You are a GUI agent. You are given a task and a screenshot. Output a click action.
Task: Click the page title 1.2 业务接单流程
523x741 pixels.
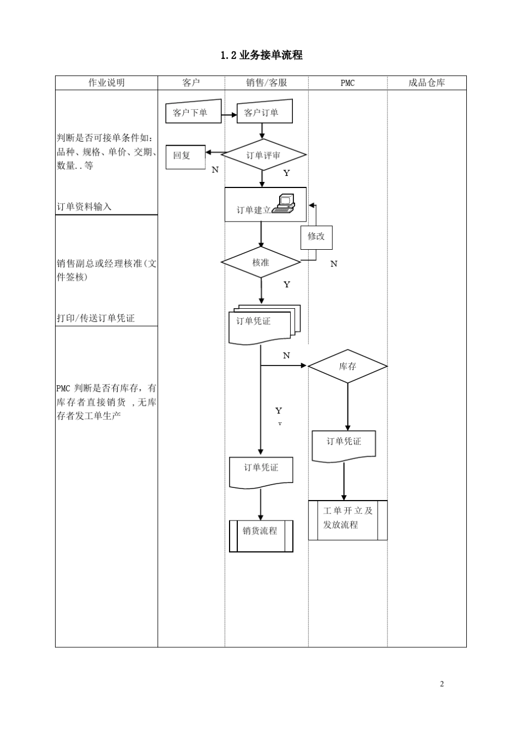pos(261,55)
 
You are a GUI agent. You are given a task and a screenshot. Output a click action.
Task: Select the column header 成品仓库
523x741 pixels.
pos(427,83)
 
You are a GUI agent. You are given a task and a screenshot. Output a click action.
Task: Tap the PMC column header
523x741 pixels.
pos(347,83)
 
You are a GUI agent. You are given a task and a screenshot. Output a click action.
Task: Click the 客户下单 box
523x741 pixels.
pos(193,112)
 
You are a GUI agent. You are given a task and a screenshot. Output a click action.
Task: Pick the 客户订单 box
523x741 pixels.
pos(264,112)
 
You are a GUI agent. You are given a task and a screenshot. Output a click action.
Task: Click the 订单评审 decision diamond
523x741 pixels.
pos(263,155)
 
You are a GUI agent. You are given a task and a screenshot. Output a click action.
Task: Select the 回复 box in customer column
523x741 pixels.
pos(186,157)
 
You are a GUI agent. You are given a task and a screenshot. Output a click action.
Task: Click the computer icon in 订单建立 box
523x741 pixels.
pos(284,203)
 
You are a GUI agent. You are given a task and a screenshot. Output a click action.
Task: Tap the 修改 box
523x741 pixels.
pos(316,237)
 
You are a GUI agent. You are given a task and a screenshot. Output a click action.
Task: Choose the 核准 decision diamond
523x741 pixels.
pos(261,262)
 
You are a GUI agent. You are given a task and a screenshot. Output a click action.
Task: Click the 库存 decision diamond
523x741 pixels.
pos(347,366)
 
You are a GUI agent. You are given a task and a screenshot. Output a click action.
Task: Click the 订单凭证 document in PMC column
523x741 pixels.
pos(344,445)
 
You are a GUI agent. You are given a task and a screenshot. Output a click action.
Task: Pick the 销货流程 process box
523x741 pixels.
pos(261,536)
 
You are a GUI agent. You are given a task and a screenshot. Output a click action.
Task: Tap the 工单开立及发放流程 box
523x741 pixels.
pos(347,520)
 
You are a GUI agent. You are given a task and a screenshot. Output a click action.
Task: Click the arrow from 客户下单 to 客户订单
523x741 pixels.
pos(228,115)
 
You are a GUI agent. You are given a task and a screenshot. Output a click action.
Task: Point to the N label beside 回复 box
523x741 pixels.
pos(215,170)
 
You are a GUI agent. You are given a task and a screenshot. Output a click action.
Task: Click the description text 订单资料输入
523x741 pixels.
pos(84,207)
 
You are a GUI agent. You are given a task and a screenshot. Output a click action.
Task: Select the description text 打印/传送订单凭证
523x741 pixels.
pos(96,318)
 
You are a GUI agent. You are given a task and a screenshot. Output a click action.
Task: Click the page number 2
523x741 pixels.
pos(442,684)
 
